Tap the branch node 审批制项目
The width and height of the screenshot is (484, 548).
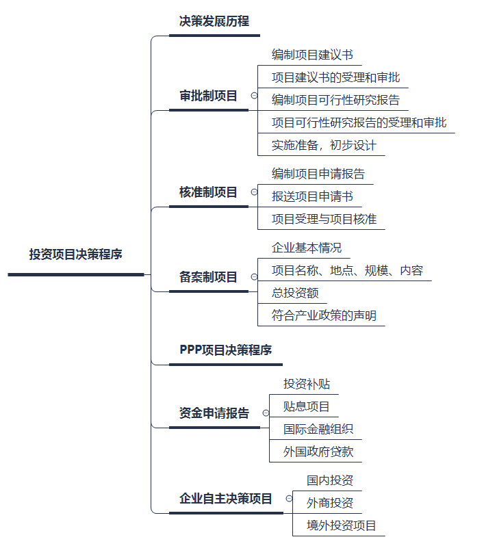click(x=208, y=96)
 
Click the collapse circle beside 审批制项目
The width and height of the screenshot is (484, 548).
click(x=253, y=96)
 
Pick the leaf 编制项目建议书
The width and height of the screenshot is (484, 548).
click(x=312, y=54)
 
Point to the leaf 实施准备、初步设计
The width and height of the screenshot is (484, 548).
click(x=325, y=145)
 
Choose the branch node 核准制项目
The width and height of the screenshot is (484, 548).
click(x=208, y=192)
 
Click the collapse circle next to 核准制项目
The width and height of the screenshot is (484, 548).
click(x=253, y=192)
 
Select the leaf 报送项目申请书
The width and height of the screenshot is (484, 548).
click(x=312, y=197)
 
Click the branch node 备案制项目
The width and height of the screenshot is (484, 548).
click(x=208, y=277)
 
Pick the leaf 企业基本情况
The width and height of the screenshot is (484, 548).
click(x=306, y=247)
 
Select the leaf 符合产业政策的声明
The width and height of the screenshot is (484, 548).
click(x=324, y=315)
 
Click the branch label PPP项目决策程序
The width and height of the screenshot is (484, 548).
click(x=226, y=350)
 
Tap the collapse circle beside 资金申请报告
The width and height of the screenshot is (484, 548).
click(x=265, y=413)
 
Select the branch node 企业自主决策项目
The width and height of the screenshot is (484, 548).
click(x=226, y=499)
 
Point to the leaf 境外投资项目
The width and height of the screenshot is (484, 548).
click(x=341, y=525)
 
